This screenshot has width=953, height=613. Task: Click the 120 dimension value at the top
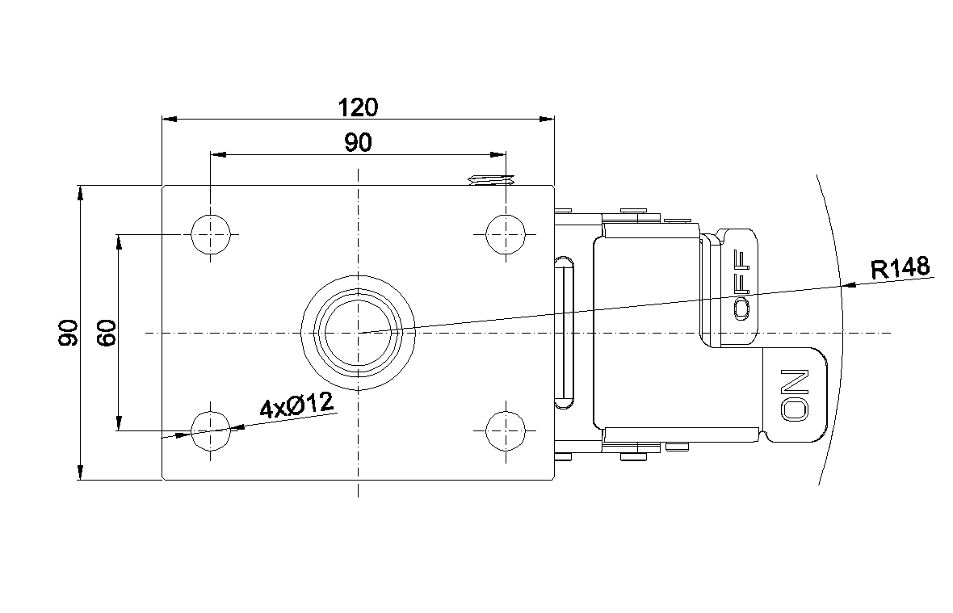(x=358, y=107)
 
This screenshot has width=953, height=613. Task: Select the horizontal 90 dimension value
(x=358, y=143)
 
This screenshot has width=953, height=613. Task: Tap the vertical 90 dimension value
(x=68, y=332)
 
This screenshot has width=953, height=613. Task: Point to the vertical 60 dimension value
(x=107, y=332)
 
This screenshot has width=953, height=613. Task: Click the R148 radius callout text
(x=901, y=267)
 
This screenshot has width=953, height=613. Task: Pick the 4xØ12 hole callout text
(x=297, y=405)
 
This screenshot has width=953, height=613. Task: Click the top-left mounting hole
(x=211, y=234)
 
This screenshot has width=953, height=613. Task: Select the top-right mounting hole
(x=506, y=234)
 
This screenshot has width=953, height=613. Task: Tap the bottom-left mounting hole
(x=211, y=430)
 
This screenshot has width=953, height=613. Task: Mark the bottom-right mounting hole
(x=506, y=430)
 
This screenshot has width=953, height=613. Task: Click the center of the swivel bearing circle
(x=359, y=332)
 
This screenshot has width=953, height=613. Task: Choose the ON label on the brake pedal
(x=795, y=394)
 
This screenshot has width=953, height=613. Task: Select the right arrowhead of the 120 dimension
(x=547, y=119)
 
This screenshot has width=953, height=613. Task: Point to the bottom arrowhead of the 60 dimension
(x=120, y=423)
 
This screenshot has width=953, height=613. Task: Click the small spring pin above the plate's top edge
(x=490, y=180)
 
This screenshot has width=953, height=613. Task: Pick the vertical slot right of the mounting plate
(x=565, y=332)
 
